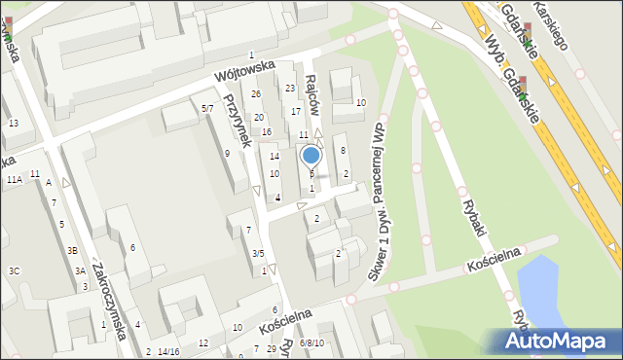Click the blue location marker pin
tap(311, 156)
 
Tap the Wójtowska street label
tap(244, 71)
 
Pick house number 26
tap(256, 94)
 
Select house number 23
tap(290, 89)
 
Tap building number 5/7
tap(207, 108)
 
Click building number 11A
tap(14, 180)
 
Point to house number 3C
tap(14, 270)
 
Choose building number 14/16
tap(168, 351)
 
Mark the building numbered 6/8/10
tap(312, 343)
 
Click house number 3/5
tap(258, 254)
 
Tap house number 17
tap(296, 112)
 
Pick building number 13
tap(13, 123)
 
